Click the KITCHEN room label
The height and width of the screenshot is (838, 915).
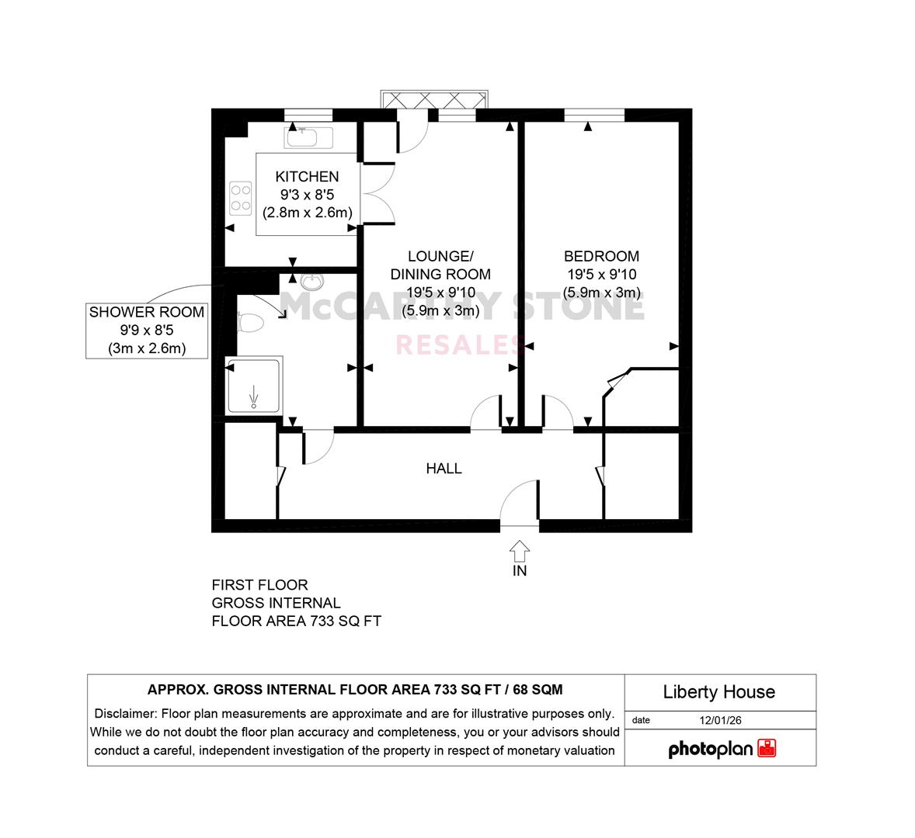pos(307,177)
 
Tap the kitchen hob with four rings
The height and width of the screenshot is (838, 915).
pos(241,198)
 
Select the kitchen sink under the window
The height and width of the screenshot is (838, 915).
pos(308,137)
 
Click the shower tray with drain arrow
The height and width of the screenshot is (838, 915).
pos(254,385)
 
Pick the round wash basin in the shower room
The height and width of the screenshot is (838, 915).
pos(312,282)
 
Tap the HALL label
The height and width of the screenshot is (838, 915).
pos(444,469)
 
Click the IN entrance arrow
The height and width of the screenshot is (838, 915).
pos(520,550)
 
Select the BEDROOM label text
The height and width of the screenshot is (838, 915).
pos(601,256)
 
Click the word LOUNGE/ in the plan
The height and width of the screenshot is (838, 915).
pos(440,256)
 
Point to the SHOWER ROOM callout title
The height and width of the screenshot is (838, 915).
pos(147,313)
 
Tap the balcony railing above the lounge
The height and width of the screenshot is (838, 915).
pos(433,99)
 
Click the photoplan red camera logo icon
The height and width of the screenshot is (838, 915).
pos(767,748)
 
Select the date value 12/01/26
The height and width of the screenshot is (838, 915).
pos(720,720)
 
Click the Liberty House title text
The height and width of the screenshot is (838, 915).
pos(719,692)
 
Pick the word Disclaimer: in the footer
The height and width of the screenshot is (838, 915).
pos(126,714)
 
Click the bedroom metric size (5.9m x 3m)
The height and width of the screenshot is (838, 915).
pos(601,293)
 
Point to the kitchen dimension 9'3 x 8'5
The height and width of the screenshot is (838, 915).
pos(307,195)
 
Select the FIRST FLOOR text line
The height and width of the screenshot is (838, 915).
pos(259,585)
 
